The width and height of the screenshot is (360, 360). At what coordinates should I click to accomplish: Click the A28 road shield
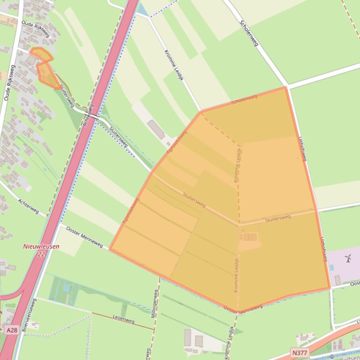(12, 330)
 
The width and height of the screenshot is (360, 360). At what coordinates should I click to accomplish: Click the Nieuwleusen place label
(41, 246)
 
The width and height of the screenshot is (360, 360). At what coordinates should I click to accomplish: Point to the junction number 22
(41, 254)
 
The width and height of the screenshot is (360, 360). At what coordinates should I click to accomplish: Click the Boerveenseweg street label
(29, 315)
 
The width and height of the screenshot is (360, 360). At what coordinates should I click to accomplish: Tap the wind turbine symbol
(348, 258)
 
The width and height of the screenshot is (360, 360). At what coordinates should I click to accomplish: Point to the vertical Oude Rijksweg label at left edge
(9, 83)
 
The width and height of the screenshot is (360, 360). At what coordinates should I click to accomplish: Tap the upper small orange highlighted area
(41, 55)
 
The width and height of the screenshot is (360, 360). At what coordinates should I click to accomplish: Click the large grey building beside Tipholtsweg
(156, 129)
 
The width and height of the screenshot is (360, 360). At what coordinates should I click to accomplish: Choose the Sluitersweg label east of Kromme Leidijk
(278, 218)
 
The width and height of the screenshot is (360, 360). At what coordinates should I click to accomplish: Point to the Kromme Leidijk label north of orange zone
(173, 65)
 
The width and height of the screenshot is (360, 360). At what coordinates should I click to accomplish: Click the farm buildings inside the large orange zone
(249, 238)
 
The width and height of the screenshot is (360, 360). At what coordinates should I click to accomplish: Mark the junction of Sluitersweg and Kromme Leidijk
(239, 224)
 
